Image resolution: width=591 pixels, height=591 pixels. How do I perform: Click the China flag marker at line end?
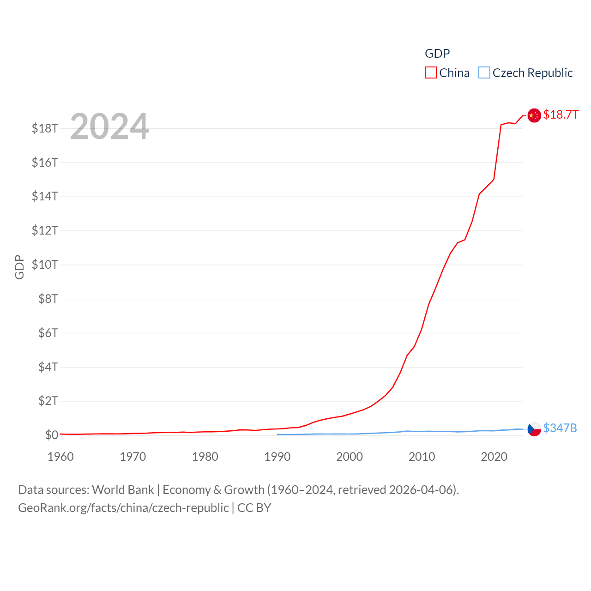point(534,115)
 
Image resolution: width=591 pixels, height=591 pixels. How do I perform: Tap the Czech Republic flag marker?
point(534,429)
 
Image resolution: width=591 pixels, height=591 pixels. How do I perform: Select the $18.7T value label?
point(561,115)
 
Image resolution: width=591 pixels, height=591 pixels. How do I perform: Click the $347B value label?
point(560,428)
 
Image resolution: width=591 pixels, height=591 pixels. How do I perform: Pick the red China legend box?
point(431,73)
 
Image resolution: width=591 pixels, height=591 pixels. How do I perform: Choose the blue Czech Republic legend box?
point(484,73)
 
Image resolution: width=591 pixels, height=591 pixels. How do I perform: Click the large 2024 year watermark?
point(109,127)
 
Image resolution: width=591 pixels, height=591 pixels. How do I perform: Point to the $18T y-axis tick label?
point(45,128)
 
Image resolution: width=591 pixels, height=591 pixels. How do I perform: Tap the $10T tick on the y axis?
point(45,265)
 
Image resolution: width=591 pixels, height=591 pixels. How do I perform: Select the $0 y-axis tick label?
point(51,435)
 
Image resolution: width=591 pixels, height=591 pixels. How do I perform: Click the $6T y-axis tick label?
point(48,333)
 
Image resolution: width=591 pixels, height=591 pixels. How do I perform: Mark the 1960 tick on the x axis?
point(60,457)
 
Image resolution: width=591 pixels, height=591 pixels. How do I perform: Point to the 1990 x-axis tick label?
point(277,457)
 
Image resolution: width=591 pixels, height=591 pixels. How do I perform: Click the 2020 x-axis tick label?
point(494,457)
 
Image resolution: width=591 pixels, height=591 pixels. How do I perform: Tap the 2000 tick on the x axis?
point(350,457)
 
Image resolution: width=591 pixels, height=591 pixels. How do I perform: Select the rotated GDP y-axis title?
point(19,267)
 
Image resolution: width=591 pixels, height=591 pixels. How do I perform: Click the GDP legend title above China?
point(437,54)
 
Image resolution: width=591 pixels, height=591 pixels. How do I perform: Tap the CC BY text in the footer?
point(254,508)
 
